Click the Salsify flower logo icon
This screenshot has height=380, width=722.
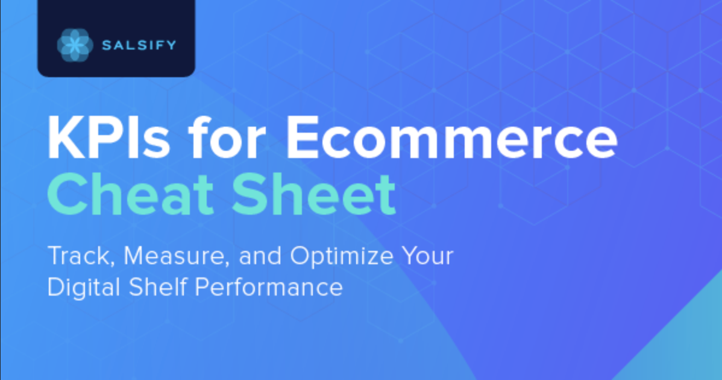[x=75, y=45]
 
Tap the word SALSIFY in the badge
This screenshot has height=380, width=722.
[x=139, y=45]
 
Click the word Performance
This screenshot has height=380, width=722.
[x=269, y=287]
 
